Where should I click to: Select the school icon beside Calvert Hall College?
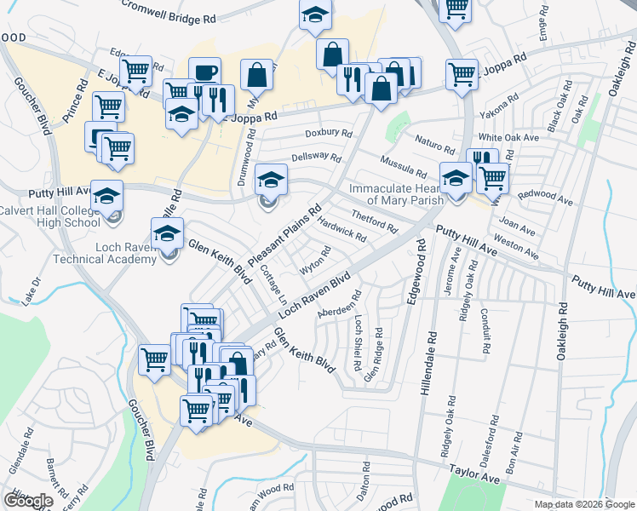[x=107, y=198]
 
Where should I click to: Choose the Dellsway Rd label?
[x=316, y=158]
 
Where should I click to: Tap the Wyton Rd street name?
[x=314, y=261]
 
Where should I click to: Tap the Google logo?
[x=28, y=501]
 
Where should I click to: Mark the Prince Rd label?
[x=73, y=104]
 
